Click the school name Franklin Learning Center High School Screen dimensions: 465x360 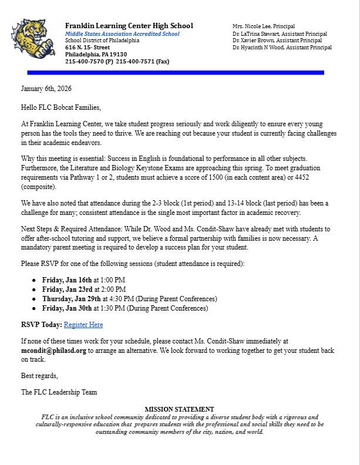pos(129,26)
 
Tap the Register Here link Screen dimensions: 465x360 pos(83,325)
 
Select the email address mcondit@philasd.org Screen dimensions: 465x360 pos(54,351)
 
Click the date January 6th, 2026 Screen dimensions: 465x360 pos(46,89)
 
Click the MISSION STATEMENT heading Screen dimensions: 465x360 pos(179,409)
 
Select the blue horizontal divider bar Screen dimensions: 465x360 pos(176,73)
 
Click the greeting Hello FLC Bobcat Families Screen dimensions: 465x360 pos(61,107)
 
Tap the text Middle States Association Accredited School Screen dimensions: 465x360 pos(122,33)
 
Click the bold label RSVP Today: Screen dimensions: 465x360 pos(41,325)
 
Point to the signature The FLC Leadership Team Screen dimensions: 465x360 pos(59,392)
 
